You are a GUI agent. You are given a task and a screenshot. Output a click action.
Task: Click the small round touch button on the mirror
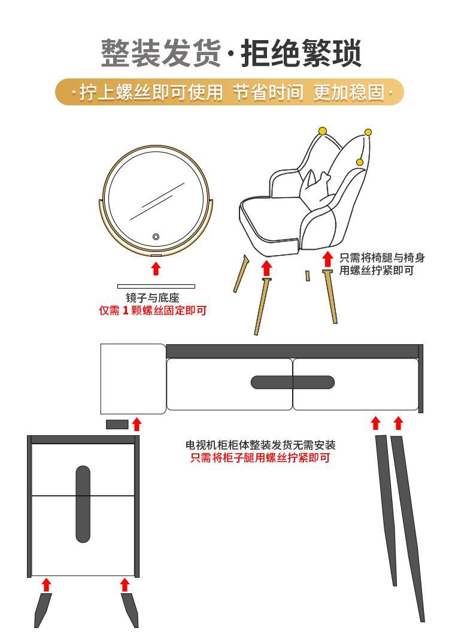pyautogui.click(x=156, y=236)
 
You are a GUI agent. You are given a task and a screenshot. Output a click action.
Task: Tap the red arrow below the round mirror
pyautogui.click(x=156, y=269)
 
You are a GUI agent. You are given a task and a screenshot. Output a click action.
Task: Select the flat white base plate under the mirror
pyautogui.click(x=156, y=287)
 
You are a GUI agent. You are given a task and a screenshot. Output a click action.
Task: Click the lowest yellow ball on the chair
pyautogui.click(x=360, y=162)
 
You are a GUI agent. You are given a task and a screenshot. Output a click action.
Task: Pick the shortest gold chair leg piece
pyautogui.click(x=308, y=275)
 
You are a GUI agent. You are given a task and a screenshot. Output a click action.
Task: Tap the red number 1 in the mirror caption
pyautogui.click(x=126, y=311)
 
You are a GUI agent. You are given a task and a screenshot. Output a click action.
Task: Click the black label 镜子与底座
pyautogui.click(x=152, y=298)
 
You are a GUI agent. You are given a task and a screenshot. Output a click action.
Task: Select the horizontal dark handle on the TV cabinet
pyautogui.click(x=292, y=383)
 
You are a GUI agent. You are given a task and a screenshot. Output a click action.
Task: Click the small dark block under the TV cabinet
pyautogui.click(x=117, y=424)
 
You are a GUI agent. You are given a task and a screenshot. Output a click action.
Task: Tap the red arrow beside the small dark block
pyautogui.click(x=136, y=424)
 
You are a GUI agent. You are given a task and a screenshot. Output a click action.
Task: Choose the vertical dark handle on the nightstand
pyautogui.click(x=83, y=504)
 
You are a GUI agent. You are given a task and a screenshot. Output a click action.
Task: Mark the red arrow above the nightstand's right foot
pyautogui.click(x=125, y=585)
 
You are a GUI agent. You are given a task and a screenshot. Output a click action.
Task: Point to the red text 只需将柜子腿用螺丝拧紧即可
pyautogui.click(x=260, y=458)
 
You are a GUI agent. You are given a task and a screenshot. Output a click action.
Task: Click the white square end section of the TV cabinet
pyautogui.click(x=134, y=379)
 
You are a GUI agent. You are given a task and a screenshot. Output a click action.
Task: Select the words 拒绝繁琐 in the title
pyautogui.click(x=301, y=53)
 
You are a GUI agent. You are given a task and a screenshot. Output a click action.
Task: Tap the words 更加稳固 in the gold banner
pyautogui.click(x=350, y=92)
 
